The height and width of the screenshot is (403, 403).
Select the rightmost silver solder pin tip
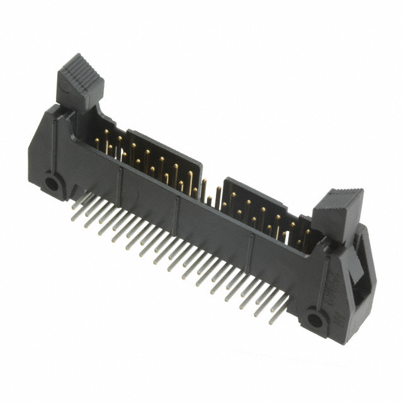click(x=272, y=321)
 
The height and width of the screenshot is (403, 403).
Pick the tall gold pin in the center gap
click(x=203, y=188)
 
